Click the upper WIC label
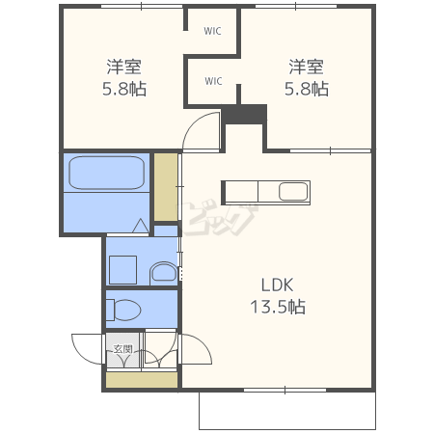pos(212,31)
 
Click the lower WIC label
pos(213,81)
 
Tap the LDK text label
pos(277,285)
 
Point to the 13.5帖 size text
pos(278,307)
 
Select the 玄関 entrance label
pos(123,349)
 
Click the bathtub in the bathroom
pos(107,173)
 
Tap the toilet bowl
pos(123,310)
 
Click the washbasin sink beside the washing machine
pos(164,273)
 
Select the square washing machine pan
pos(123,270)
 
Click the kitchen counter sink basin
pos(293,192)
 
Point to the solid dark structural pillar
pos(245,114)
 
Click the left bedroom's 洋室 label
pos(124,67)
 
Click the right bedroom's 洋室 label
pos(306,67)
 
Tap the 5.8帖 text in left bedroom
pos(124,89)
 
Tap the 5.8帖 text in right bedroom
pos(307,89)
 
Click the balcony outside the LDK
pos(287,411)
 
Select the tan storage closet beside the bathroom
pos(166,187)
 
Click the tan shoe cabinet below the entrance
pos(142,380)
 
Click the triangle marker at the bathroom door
pos(141,226)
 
